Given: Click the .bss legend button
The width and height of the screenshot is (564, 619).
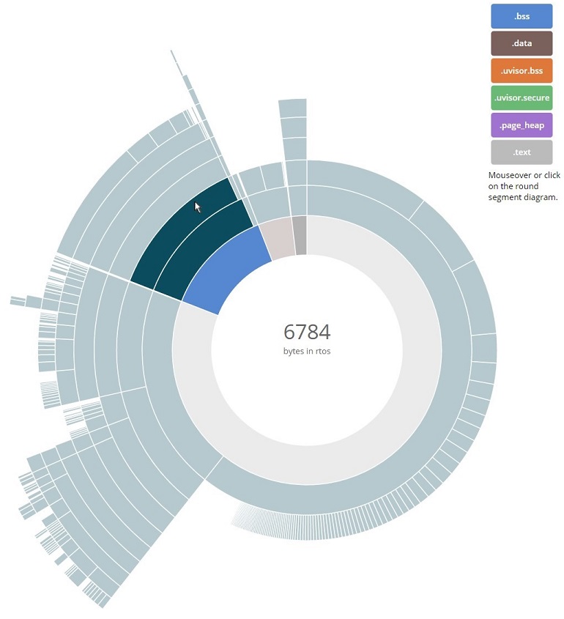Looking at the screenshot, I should tap(522, 15).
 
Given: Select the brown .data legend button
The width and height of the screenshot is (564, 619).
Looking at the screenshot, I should tap(522, 43).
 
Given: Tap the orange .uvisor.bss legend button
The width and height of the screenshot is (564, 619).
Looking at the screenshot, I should tap(522, 71).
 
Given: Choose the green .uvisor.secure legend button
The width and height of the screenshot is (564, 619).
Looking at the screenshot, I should tap(522, 98).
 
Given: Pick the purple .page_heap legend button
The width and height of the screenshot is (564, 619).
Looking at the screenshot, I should tap(522, 126).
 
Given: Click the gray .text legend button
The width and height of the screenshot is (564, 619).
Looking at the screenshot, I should tap(522, 152).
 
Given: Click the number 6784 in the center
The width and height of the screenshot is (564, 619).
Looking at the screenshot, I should tap(307, 332).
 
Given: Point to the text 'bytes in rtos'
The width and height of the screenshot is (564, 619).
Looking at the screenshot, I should tap(307, 352).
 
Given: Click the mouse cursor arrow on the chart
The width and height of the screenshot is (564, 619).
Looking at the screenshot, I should tap(197, 207).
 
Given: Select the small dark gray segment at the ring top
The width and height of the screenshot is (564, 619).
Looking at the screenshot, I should tap(299, 235).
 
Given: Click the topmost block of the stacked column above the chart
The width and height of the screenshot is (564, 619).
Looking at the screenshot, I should tap(292, 108).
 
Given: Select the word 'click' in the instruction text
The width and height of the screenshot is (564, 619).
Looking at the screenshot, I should tap(552, 176).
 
